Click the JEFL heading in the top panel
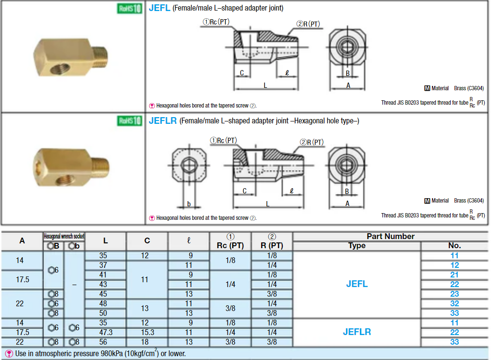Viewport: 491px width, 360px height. click(x=159, y=8)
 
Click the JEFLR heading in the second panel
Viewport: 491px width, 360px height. click(x=163, y=121)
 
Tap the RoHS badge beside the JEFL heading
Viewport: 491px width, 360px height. click(x=130, y=8)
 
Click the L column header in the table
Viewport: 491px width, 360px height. click(x=106, y=241)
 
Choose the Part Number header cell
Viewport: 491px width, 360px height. click(x=391, y=236)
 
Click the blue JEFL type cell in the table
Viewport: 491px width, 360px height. click(x=357, y=284)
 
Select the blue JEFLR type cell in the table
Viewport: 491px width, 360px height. click(x=357, y=332)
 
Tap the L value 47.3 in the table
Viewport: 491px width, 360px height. click(x=106, y=332)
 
